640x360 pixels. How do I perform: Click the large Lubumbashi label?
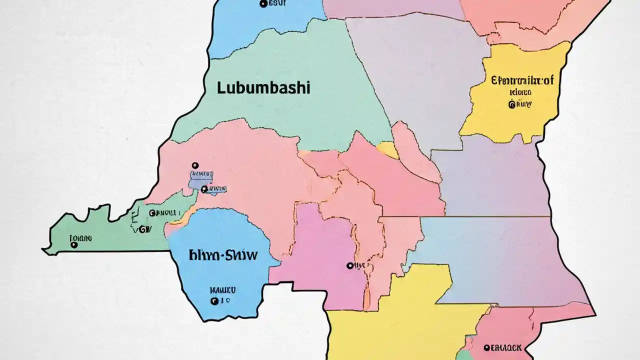coord(263,88)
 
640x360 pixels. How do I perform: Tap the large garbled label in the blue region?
coord(223,255)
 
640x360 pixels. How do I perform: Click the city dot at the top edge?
coord(263,4)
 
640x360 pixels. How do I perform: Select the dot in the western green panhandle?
coord(74,245)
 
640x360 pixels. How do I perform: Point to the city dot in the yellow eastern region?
coord(511,105)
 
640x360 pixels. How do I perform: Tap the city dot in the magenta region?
coord(349,266)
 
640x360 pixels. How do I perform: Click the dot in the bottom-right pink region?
coord(486,347)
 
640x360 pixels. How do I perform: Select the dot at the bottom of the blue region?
coord(214,301)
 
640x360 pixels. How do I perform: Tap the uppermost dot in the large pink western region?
coord(195,165)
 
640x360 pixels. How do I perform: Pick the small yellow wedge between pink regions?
coord(387,149)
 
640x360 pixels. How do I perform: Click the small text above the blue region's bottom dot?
coord(222,289)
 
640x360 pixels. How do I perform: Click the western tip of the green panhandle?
coord(44,249)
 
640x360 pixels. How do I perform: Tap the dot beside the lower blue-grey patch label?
coord(203,189)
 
